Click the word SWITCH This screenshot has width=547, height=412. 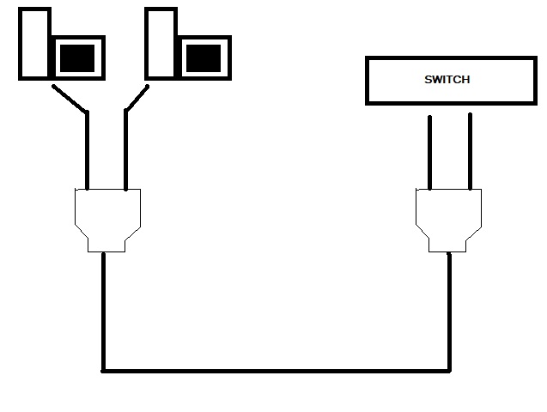coord(447,80)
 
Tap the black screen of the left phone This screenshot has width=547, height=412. coord(77,58)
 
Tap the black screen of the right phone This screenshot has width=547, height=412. coord(204,58)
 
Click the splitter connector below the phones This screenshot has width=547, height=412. coord(107,215)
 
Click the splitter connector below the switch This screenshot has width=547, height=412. coord(448,215)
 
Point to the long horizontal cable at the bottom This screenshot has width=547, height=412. coord(275,371)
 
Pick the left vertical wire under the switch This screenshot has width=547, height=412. coord(428,150)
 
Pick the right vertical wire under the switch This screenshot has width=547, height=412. coord(470,150)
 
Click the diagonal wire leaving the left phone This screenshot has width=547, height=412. coord(69,99)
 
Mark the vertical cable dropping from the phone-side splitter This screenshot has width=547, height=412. coord(104,309)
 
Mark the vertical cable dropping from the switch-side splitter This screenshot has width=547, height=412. coord(448,309)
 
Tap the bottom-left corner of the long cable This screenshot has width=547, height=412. coord(104,371)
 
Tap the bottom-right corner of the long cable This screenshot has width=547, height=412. coord(448,371)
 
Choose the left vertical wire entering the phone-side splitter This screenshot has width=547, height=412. coord(87,150)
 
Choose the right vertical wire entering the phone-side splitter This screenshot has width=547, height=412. coord(126,150)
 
